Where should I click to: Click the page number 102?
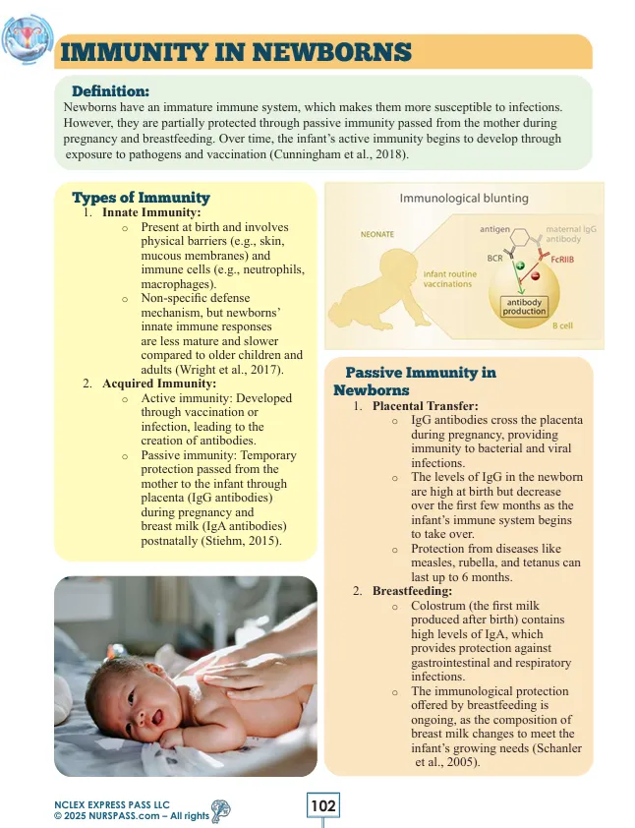point(323,806)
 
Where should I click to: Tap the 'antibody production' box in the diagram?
point(524,306)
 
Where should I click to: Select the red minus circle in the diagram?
point(535,275)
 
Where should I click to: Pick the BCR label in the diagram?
point(496,257)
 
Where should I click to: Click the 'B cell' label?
point(562,325)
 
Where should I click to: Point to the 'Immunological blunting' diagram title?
point(463,198)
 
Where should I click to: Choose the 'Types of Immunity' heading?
point(141,198)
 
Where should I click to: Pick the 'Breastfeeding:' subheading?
point(412,591)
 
